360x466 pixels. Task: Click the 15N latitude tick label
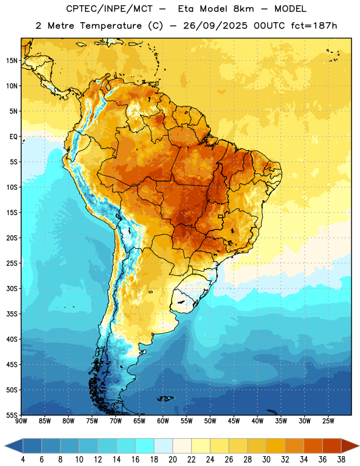click(12, 61)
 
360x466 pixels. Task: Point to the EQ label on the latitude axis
click(13, 137)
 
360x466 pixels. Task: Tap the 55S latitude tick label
click(12, 415)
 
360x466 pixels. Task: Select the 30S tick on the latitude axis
click(12, 288)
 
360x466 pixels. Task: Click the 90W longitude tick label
click(21, 421)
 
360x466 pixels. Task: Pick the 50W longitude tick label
click(210, 421)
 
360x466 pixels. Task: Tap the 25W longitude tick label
click(328, 421)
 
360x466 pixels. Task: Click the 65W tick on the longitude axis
click(139, 421)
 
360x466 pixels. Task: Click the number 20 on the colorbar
click(172, 460)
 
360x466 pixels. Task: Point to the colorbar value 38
click(341, 460)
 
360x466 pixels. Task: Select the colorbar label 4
click(23, 460)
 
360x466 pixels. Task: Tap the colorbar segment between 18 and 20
click(163, 446)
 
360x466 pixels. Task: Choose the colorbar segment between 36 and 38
click(332, 446)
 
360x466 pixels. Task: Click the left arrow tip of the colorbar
click(5, 446)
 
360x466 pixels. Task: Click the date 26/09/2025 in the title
click(215, 26)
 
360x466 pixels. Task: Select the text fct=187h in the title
click(314, 26)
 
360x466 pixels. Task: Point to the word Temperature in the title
click(111, 26)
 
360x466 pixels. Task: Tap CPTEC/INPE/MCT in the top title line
click(110, 9)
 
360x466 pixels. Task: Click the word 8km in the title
click(243, 9)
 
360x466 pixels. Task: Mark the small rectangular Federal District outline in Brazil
click(221, 216)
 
